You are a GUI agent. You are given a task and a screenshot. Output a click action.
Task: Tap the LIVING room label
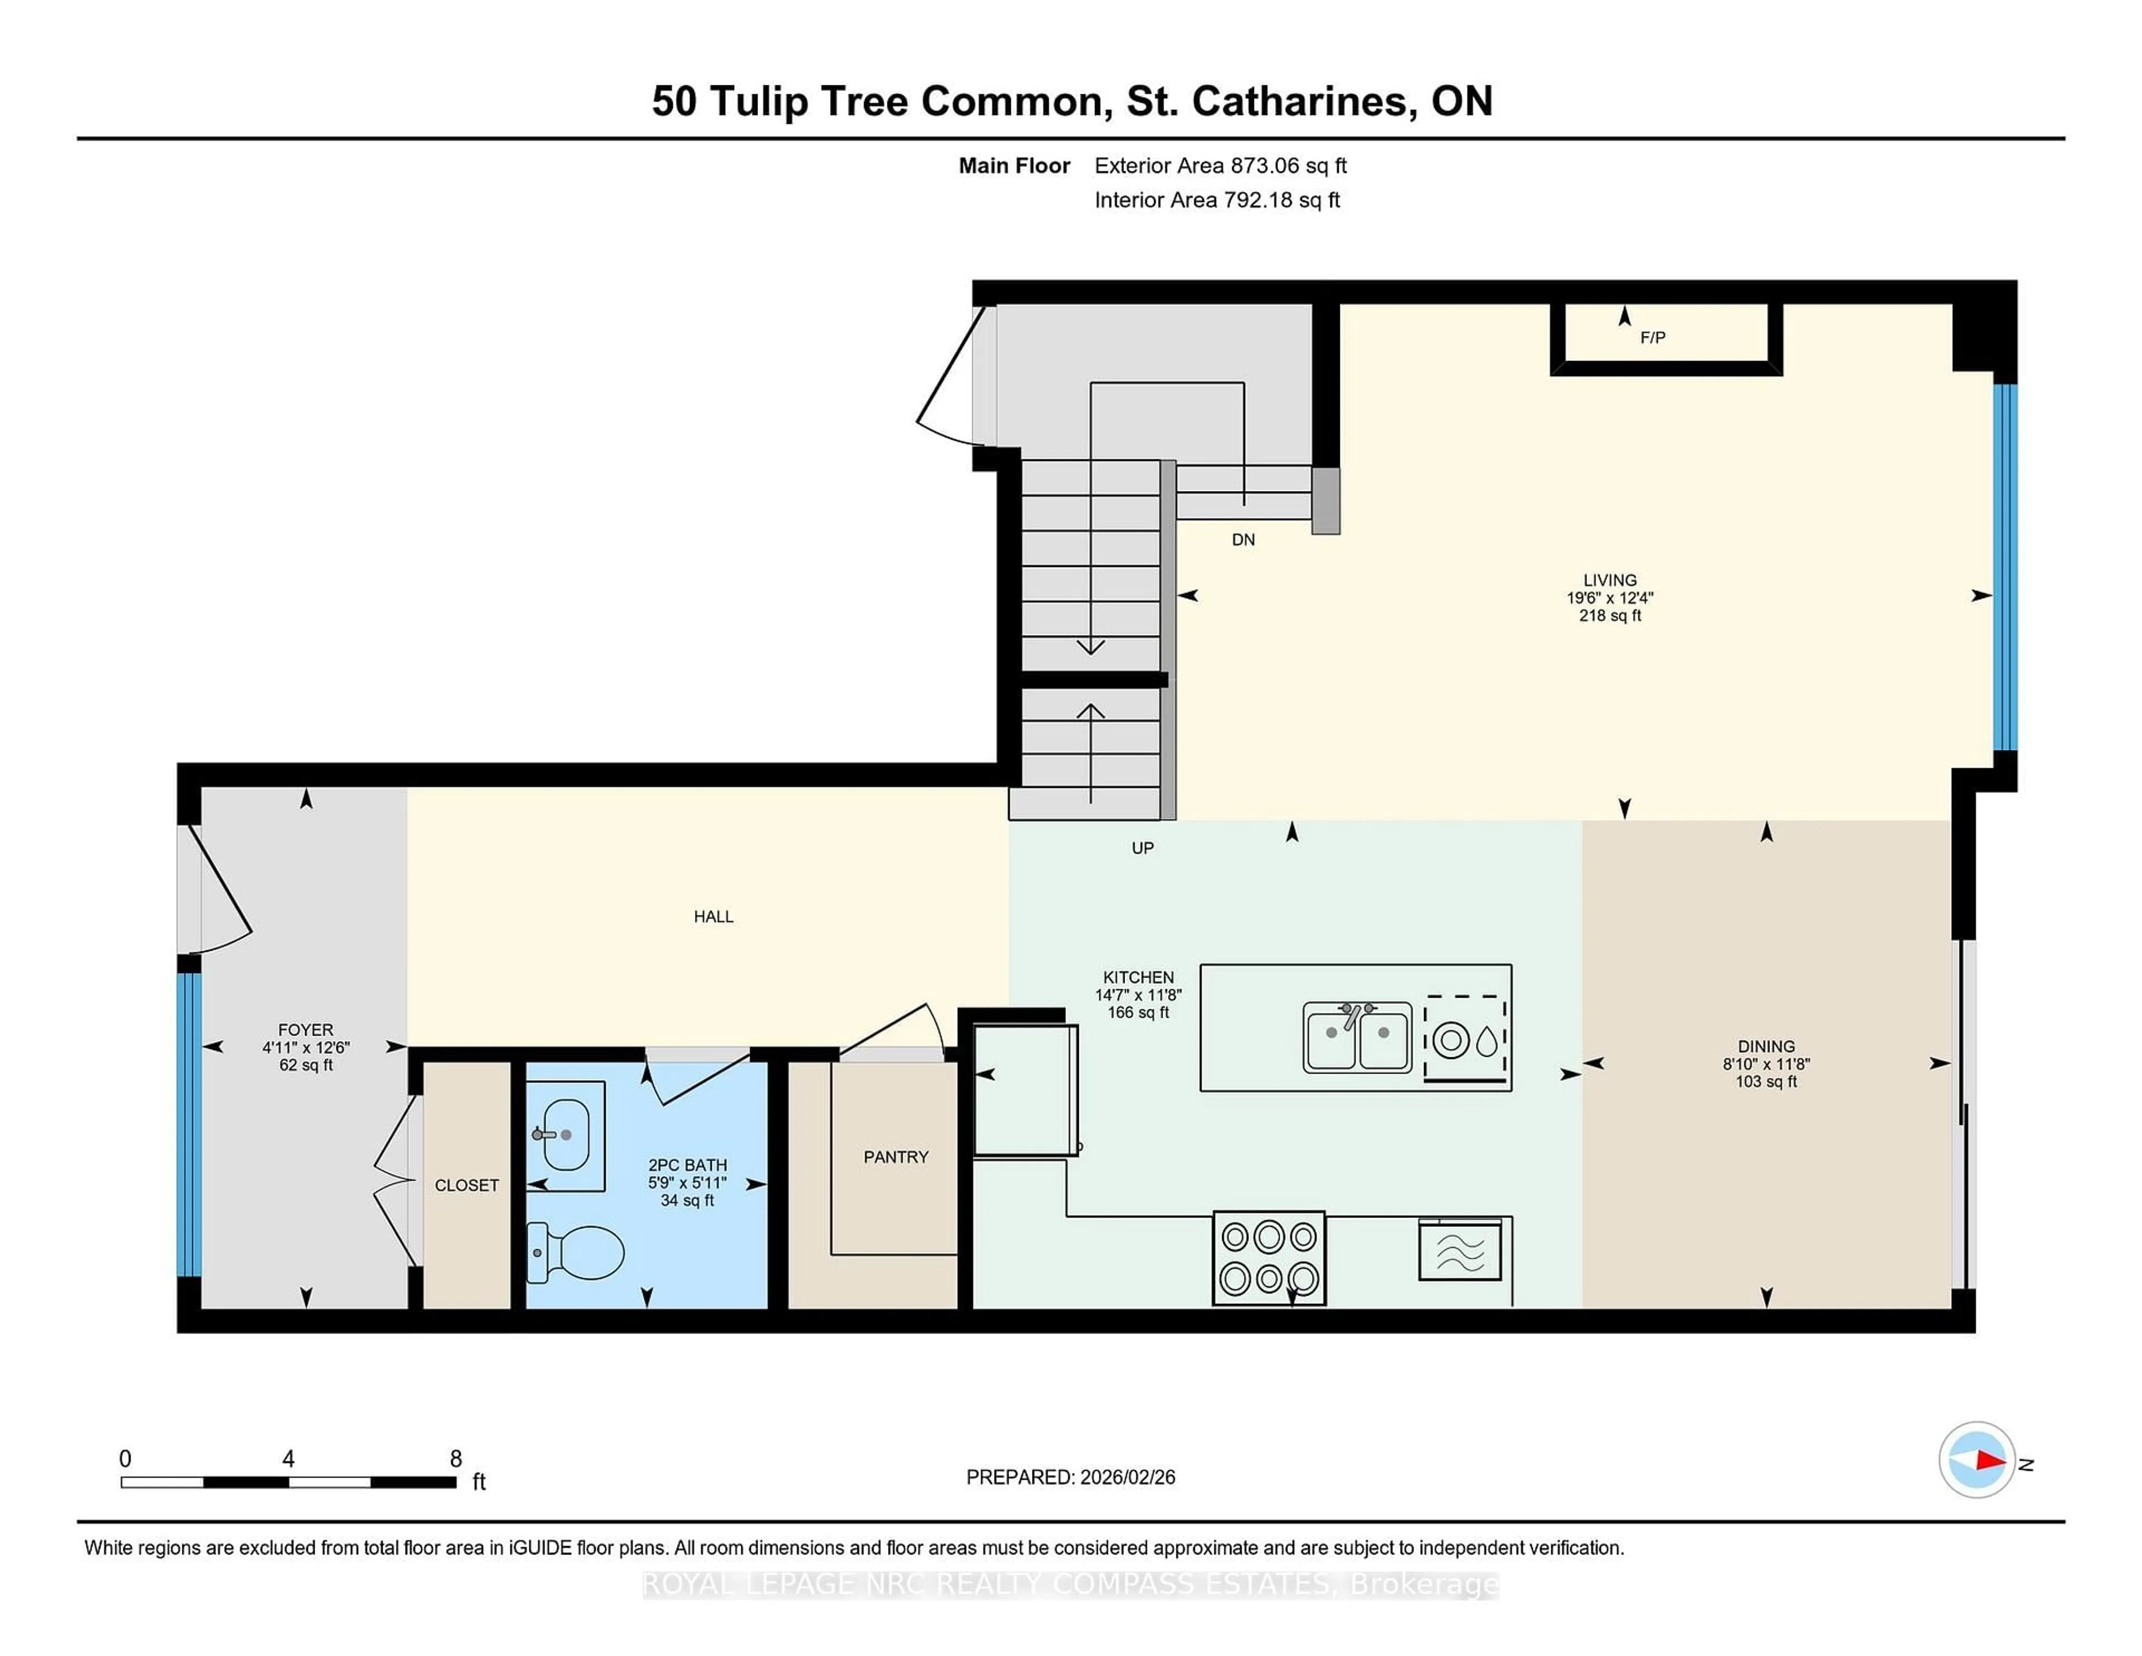(1609, 580)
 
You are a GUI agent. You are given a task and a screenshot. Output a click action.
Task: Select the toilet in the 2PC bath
(577, 1253)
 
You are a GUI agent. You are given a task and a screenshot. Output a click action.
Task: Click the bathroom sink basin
(566, 1135)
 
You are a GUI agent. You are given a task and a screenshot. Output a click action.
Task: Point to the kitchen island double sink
(1357, 1036)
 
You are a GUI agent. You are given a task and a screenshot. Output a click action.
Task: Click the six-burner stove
(1269, 1258)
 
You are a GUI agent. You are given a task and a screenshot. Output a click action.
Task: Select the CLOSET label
(467, 1185)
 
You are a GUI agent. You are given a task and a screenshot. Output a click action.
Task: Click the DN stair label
(1243, 540)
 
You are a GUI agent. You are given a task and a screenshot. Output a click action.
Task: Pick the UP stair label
(1142, 848)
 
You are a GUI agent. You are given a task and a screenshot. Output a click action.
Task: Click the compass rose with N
(1976, 1460)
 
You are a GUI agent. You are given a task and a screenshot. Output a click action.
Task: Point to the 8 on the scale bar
(455, 1459)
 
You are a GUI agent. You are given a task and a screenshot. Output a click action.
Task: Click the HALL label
(713, 916)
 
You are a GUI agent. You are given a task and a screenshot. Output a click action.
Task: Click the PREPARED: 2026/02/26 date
(1070, 1476)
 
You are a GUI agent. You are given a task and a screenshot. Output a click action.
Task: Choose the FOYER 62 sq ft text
(306, 1065)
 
